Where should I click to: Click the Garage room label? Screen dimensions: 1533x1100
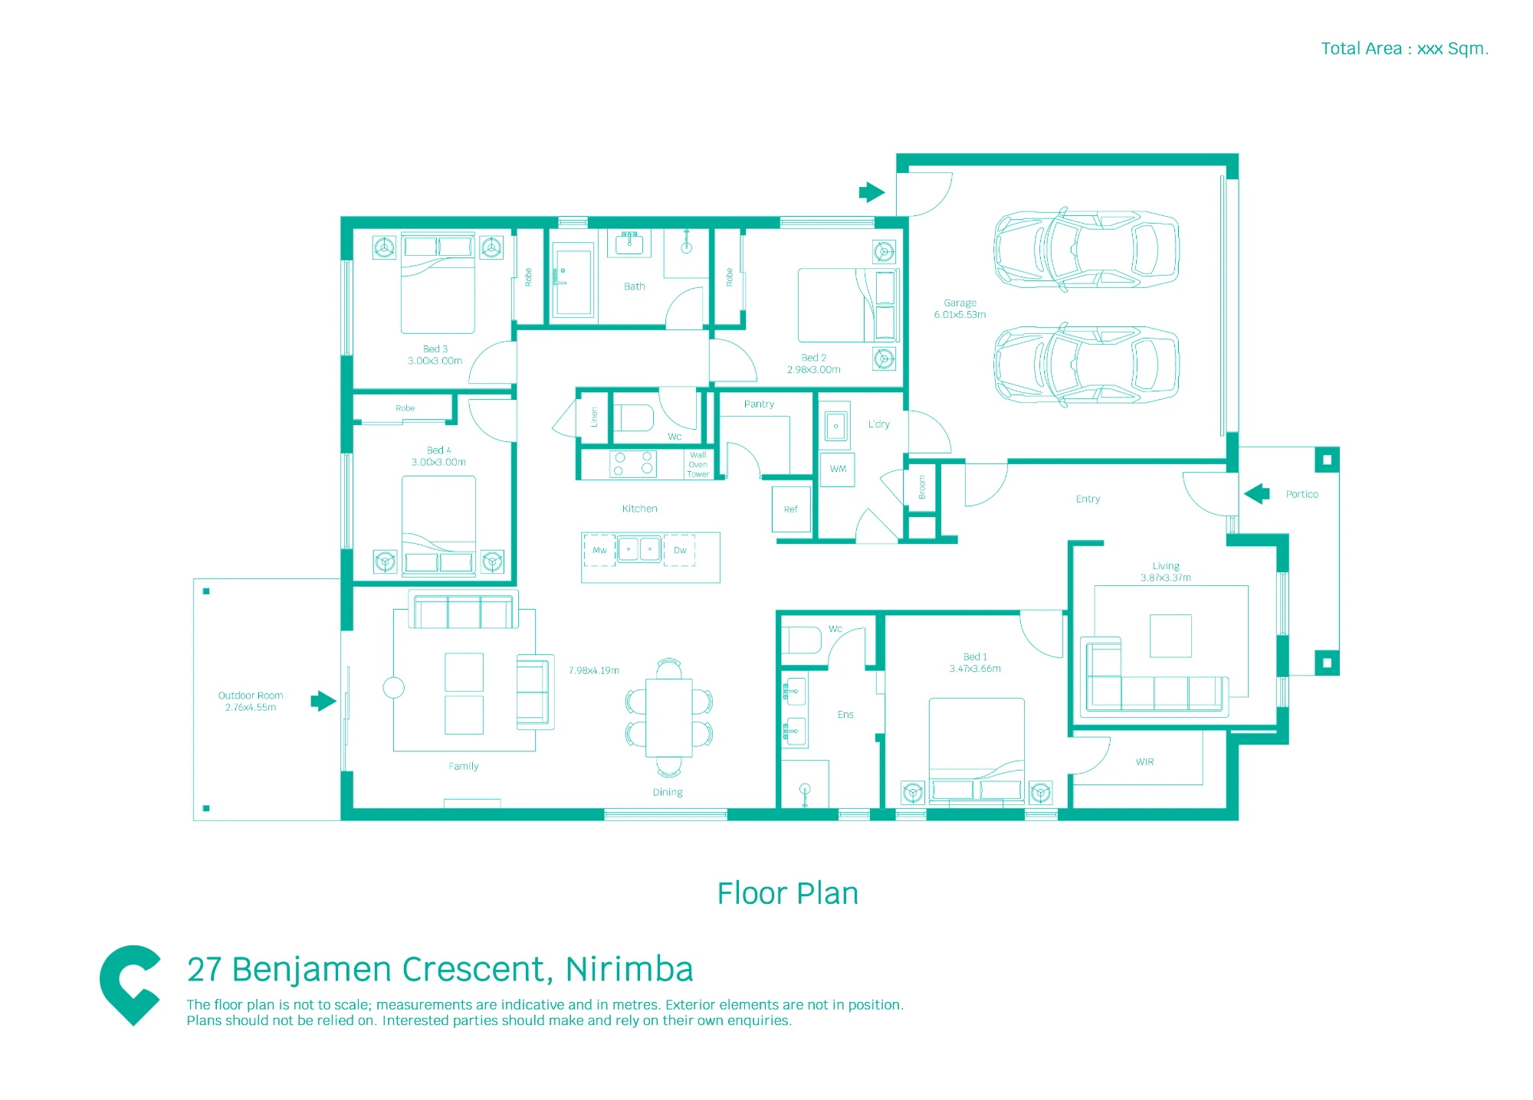click(960, 303)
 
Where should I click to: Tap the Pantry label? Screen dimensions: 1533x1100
click(759, 404)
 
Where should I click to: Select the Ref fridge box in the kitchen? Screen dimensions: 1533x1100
click(791, 509)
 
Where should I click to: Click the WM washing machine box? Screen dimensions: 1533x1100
click(838, 469)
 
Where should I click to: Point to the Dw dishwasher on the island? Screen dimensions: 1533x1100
click(680, 550)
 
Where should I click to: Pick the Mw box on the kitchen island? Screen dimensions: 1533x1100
click(599, 550)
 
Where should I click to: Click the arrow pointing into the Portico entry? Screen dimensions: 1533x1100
click(1257, 494)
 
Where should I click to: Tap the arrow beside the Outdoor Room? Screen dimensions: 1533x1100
click(323, 701)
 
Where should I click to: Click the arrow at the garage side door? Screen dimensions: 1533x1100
click(872, 192)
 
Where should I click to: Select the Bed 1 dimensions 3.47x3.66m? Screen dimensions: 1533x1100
click(975, 669)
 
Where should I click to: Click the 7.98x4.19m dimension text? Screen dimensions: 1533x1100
click(594, 670)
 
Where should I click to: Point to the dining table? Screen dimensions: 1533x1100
click(669, 718)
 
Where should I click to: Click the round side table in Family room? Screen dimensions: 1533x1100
click(394, 687)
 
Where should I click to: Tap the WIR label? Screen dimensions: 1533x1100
click(1145, 761)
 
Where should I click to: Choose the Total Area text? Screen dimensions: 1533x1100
click(1404, 49)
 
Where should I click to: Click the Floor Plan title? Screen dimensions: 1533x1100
click(788, 893)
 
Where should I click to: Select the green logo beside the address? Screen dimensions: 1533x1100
click(130, 985)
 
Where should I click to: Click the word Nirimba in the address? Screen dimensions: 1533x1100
click(629, 969)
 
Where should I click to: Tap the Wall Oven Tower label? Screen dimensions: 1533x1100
click(698, 464)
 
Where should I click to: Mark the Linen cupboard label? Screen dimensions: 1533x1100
click(594, 417)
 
